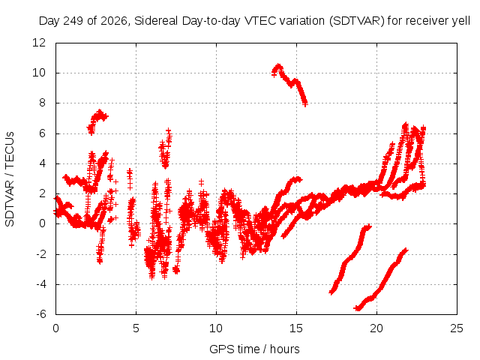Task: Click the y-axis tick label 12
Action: click(39, 43)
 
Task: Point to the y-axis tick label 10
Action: click(39, 73)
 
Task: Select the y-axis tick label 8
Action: click(42, 103)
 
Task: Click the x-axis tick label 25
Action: click(457, 328)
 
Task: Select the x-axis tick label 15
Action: click(296, 328)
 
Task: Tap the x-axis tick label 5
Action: click(136, 328)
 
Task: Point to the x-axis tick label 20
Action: click(376, 328)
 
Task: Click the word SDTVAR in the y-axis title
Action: click(10, 204)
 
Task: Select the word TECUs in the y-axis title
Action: click(10, 150)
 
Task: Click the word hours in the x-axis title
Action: click(285, 349)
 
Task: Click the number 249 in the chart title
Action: click(73, 21)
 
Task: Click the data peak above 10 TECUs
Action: click(278, 65)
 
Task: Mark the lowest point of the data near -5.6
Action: click(357, 308)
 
